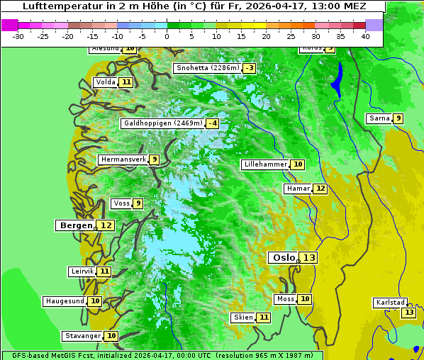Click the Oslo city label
pyautogui.click(x=284, y=258)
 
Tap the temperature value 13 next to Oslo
pyautogui.click(x=308, y=258)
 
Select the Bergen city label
pyautogui.click(x=76, y=225)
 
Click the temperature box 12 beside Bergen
pyautogui.click(x=106, y=225)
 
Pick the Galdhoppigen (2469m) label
pyautogui.click(x=163, y=123)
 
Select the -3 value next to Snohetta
pyautogui.click(x=249, y=68)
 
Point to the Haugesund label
pyautogui.click(x=65, y=301)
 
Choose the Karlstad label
pyautogui.click(x=391, y=303)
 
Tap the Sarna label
pyautogui.click(x=379, y=118)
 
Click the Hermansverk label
pyautogui.click(x=123, y=159)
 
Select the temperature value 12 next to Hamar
pyautogui.click(x=320, y=189)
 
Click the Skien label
pyautogui.click(x=243, y=317)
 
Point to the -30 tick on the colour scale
pyautogui.click(x=18, y=36)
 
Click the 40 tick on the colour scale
pyautogui.click(x=365, y=36)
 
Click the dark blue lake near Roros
pyautogui.click(x=337, y=79)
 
